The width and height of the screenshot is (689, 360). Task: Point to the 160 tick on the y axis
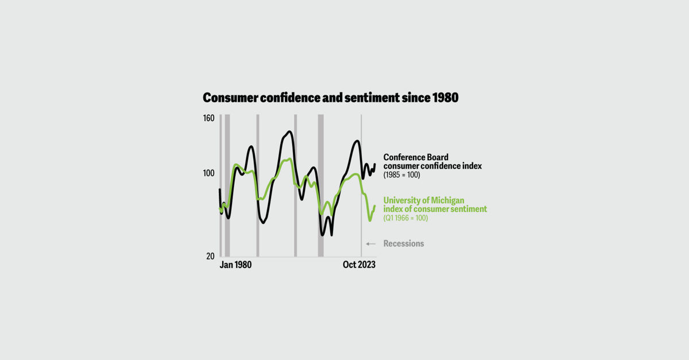[x=209, y=118]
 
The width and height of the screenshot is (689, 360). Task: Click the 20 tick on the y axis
[x=210, y=256]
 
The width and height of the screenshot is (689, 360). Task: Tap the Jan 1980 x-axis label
[x=235, y=265]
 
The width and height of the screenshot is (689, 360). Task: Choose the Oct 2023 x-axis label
[x=359, y=265]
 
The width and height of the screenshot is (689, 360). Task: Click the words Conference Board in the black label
[x=416, y=157]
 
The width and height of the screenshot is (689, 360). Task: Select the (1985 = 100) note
[x=401, y=175]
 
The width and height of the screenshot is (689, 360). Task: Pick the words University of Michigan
[x=424, y=200]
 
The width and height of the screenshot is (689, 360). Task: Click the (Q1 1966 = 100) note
[x=405, y=218]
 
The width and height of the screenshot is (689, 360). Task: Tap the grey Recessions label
[x=404, y=243]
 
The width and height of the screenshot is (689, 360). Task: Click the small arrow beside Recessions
[x=371, y=243]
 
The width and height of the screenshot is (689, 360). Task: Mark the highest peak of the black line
[x=289, y=131]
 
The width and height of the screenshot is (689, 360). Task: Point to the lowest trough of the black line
[x=323, y=235]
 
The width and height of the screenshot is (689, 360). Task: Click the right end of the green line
[x=374, y=206]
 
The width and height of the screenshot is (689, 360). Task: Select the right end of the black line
[x=374, y=165]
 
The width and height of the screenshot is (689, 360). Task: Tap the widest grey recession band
[x=321, y=185]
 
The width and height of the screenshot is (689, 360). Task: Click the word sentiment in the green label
[x=467, y=209]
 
